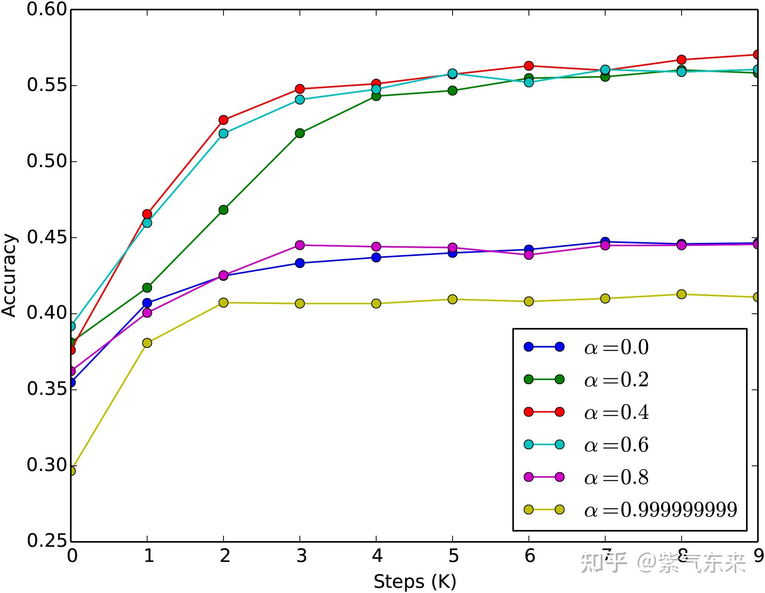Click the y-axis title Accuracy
click(9, 275)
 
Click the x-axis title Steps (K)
click(415, 582)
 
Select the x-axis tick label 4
click(376, 555)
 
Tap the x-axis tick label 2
click(224, 555)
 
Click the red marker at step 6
click(529, 66)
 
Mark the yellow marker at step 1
click(147, 343)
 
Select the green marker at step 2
click(223, 210)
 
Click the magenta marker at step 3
click(300, 245)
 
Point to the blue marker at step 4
click(376, 257)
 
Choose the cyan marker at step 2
click(223, 133)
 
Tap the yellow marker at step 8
click(682, 294)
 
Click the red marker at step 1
click(147, 214)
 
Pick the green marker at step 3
click(300, 133)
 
